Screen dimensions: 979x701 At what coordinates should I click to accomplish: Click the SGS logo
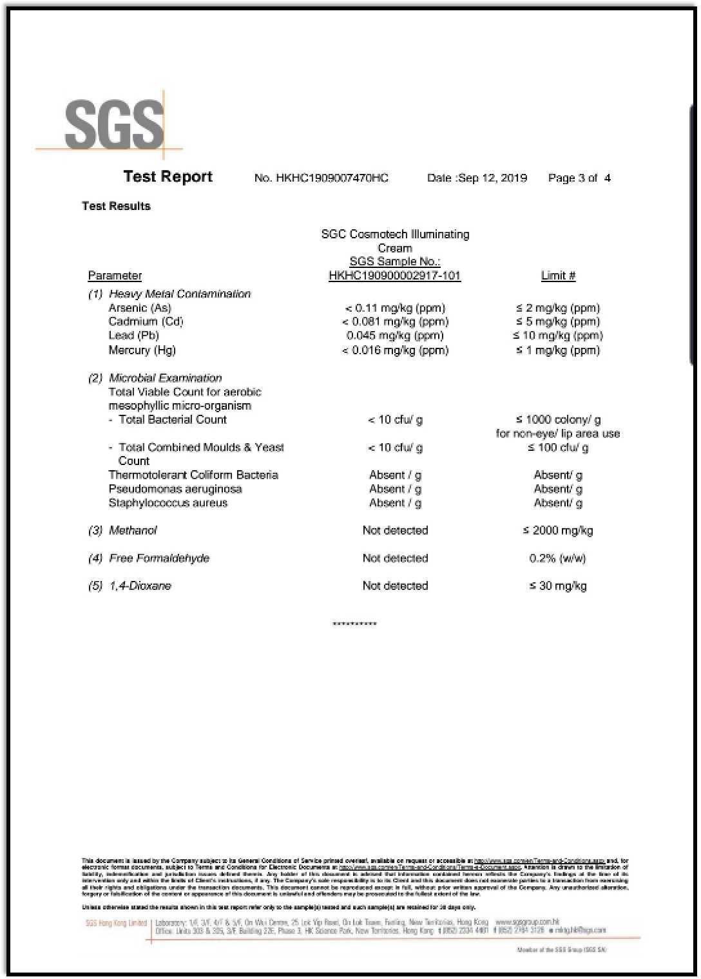(114, 125)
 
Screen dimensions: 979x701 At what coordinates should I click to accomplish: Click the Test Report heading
(168, 176)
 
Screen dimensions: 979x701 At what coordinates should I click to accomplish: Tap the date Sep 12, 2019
(493, 178)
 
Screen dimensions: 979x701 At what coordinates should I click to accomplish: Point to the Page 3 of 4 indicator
(579, 178)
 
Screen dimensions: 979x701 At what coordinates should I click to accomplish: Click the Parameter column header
(115, 276)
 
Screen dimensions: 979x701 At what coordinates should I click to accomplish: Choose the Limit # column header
(558, 276)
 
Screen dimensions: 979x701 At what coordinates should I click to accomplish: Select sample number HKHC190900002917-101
(394, 276)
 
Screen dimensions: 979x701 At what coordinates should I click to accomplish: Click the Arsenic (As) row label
(140, 308)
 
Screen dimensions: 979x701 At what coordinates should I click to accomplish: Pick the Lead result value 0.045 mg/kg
(395, 336)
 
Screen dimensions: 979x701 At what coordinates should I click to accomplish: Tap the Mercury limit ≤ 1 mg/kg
(558, 350)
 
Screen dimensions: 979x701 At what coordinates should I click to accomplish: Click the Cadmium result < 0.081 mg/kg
(395, 321)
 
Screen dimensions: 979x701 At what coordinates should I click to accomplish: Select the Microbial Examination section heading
(165, 378)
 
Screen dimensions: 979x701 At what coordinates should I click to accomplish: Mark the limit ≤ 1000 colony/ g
(558, 420)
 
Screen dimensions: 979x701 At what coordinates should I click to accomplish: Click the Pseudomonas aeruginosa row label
(175, 489)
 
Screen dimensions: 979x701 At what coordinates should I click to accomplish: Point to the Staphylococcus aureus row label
(168, 503)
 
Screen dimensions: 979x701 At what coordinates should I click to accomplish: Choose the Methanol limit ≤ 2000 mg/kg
(558, 531)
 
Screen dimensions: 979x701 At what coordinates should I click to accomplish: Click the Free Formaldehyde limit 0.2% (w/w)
(558, 558)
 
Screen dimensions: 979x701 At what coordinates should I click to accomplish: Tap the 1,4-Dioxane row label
(140, 586)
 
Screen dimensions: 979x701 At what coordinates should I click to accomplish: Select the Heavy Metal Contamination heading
(179, 294)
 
